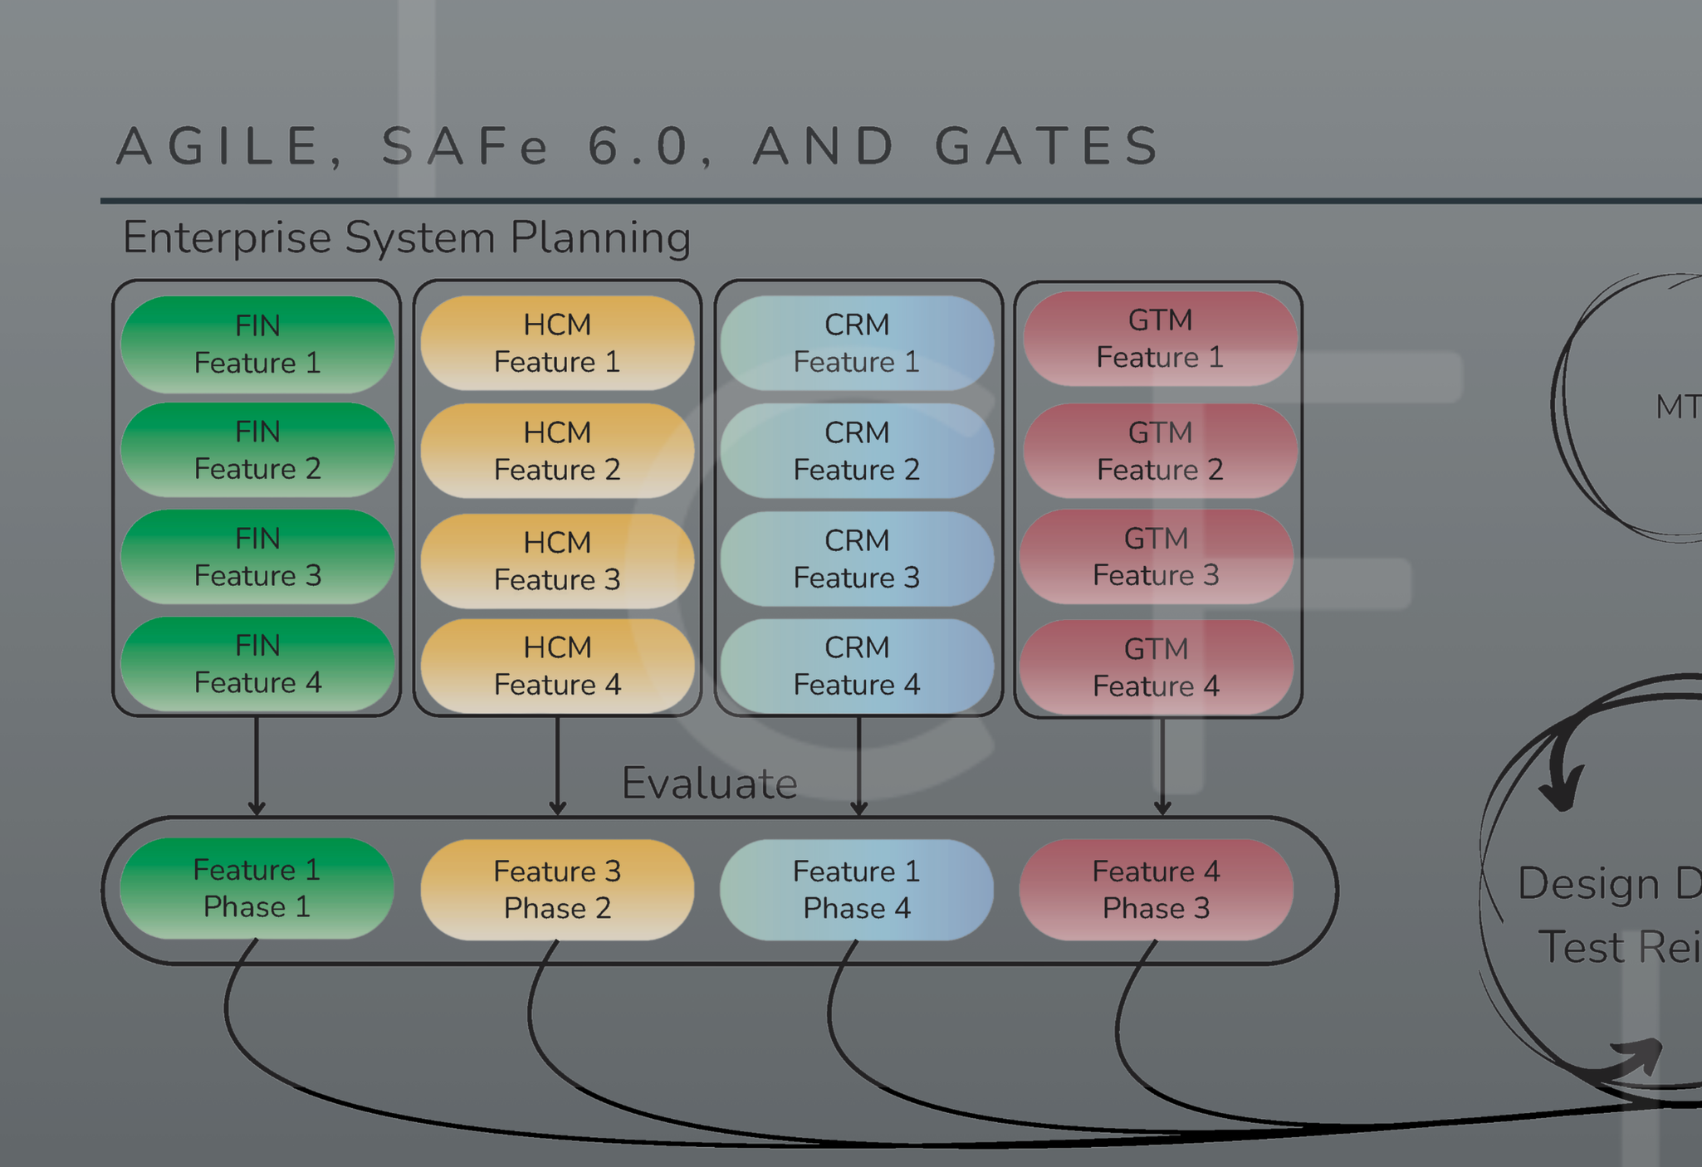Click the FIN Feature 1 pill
pyautogui.click(x=257, y=344)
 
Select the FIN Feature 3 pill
pyautogui.click(x=257, y=557)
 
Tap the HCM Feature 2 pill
pyautogui.click(x=557, y=451)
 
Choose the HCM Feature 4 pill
pyautogui.click(x=557, y=666)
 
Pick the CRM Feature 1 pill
pyautogui.click(x=857, y=343)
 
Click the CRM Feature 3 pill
pyautogui.click(x=857, y=559)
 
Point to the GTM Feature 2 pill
pyautogui.click(x=1160, y=451)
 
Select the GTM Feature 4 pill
pyautogui.click(x=1156, y=667)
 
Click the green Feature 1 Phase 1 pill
pyautogui.click(x=257, y=888)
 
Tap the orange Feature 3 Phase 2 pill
pyautogui.click(x=557, y=890)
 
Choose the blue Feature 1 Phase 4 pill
pyautogui.click(x=857, y=890)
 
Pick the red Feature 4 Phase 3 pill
pyautogui.click(x=1156, y=890)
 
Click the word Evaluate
pyautogui.click(x=709, y=783)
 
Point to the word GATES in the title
pyautogui.click(x=1048, y=146)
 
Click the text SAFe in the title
pyautogui.click(x=465, y=146)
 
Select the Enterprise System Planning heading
pyautogui.click(x=407, y=237)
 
